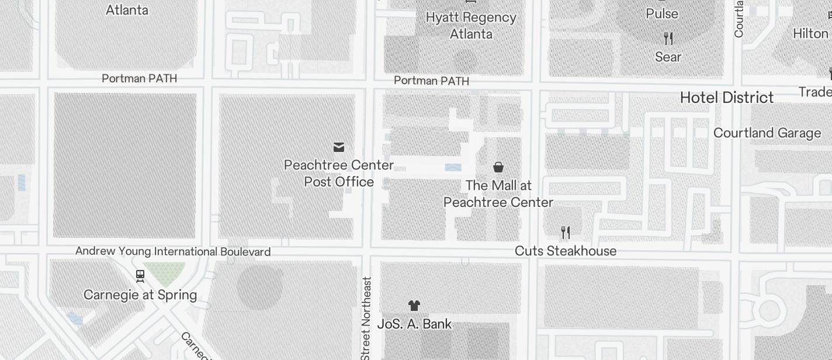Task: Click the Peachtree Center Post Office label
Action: pos(339,174)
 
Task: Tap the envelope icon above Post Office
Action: pos(339,147)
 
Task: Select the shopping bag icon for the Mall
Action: pos(498,167)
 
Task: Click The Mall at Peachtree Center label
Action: pos(498,194)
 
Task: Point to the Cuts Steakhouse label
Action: pos(566,251)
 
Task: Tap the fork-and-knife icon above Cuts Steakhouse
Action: pos(565,233)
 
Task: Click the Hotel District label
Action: pos(727,98)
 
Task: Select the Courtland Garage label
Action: pos(767,133)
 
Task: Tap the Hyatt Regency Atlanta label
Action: pos(471,26)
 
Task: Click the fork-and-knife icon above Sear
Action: pos(668,39)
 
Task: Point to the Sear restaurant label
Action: pos(668,57)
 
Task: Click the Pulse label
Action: pos(662,13)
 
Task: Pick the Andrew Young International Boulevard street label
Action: pos(173,252)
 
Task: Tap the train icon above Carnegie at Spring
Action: pos(140,275)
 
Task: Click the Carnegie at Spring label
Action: pos(140,295)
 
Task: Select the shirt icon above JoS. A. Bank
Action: pos(414,305)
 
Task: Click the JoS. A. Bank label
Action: pos(414,324)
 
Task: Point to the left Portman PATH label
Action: pos(139,78)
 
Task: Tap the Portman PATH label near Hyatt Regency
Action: pos(431,81)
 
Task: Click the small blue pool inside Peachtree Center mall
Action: pos(453,168)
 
